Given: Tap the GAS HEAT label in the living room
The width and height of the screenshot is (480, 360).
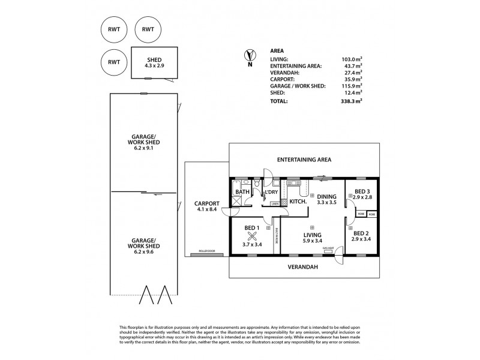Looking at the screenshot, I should click(x=328, y=248).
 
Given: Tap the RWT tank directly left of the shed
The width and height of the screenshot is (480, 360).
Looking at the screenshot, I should click(x=114, y=61).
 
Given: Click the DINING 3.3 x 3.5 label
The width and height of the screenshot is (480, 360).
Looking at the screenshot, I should click(x=326, y=199).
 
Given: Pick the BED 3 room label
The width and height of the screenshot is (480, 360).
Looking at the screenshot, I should click(x=362, y=193).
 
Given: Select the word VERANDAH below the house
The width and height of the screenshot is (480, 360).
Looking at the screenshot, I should click(x=304, y=266).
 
